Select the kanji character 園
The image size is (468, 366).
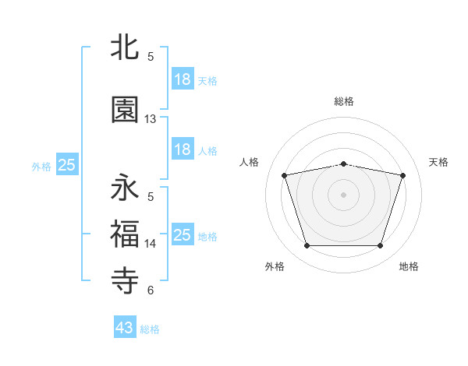(x=126, y=110)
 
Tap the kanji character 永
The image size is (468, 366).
(x=126, y=188)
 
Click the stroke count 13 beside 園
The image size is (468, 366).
(x=151, y=119)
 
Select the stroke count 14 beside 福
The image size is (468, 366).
(x=151, y=244)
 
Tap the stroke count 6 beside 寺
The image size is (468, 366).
(x=151, y=290)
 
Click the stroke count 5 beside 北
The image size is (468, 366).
(x=151, y=57)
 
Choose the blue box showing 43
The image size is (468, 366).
(x=125, y=328)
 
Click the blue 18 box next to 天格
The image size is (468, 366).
(x=183, y=79)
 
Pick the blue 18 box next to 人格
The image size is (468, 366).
(x=183, y=150)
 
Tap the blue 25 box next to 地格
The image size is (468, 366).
(x=183, y=235)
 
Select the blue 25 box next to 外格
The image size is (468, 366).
(x=66, y=165)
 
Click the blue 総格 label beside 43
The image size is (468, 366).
(x=150, y=329)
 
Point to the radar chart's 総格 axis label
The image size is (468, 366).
(x=344, y=101)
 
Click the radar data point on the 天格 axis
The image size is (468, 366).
(x=403, y=175)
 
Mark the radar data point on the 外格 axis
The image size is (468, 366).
(x=307, y=246)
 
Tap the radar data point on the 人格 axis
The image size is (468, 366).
(x=285, y=175)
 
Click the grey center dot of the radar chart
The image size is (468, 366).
(x=344, y=195)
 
